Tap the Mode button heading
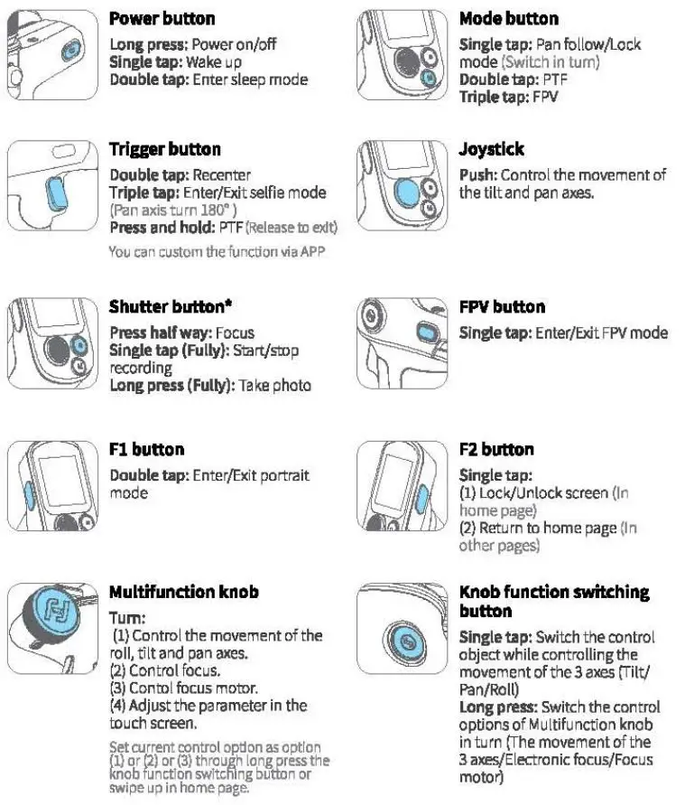pos(508,18)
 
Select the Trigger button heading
pos(164,149)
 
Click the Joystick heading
pos(491,149)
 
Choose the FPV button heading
pos(502,306)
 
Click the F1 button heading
pos(146,449)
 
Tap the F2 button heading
pos(496,449)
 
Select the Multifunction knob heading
pos(184,592)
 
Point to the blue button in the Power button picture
pos(70,52)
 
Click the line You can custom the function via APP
pos(217,251)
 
